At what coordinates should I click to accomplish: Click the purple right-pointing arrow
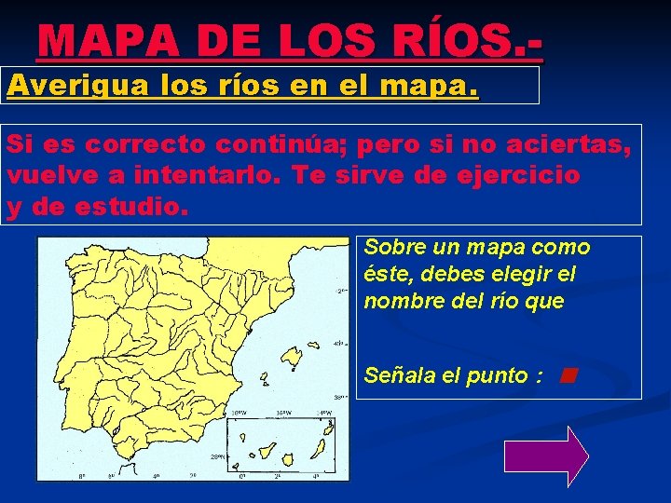pyautogui.click(x=546, y=455)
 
